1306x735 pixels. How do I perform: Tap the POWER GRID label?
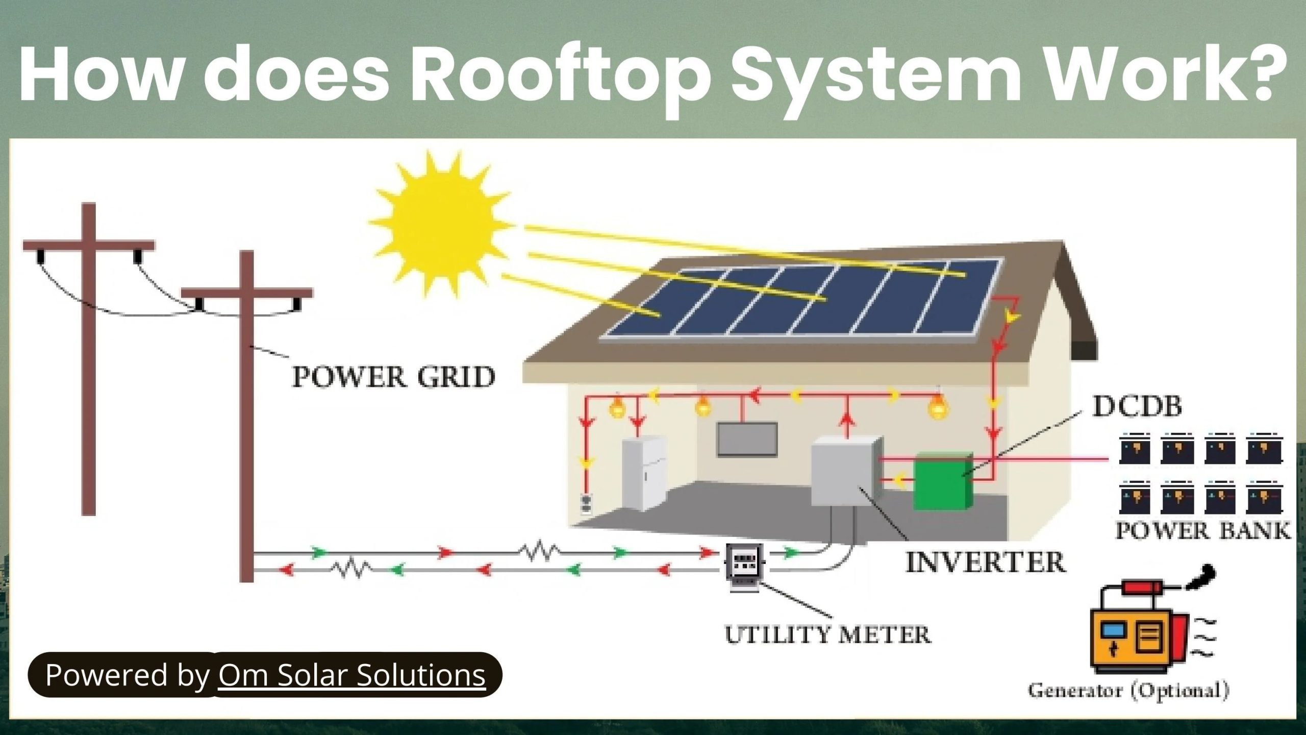click(393, 377)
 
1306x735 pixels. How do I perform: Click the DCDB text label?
click(1137, 407)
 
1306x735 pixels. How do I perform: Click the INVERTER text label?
click(985, 562)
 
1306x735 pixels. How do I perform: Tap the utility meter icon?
click(744, 566)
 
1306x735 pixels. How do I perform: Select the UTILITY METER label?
click(827, 635)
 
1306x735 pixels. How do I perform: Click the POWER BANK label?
click(1202, 531)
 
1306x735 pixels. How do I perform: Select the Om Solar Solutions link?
click(352, 675)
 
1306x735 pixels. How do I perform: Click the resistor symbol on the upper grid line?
click(539, 551)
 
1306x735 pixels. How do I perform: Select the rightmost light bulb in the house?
click(938, 408)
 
